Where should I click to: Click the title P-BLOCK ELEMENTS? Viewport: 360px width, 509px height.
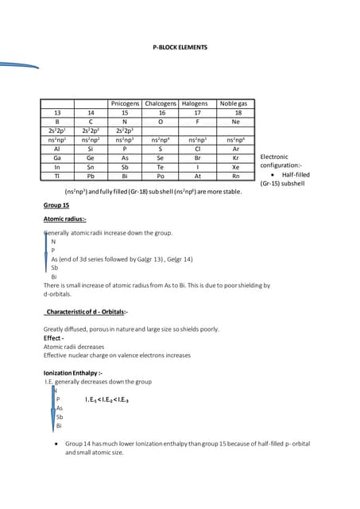click(180, 48)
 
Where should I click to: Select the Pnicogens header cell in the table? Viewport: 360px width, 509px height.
click(124, 104)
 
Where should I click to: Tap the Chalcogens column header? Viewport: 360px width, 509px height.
click(160, 104)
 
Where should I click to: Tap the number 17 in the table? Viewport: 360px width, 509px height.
click(195, 113)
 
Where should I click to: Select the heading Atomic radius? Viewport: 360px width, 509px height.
click(65, 219)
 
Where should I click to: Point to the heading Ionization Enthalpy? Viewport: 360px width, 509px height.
click(73, 372)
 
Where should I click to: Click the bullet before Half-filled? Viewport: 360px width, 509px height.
click(273, 175)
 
